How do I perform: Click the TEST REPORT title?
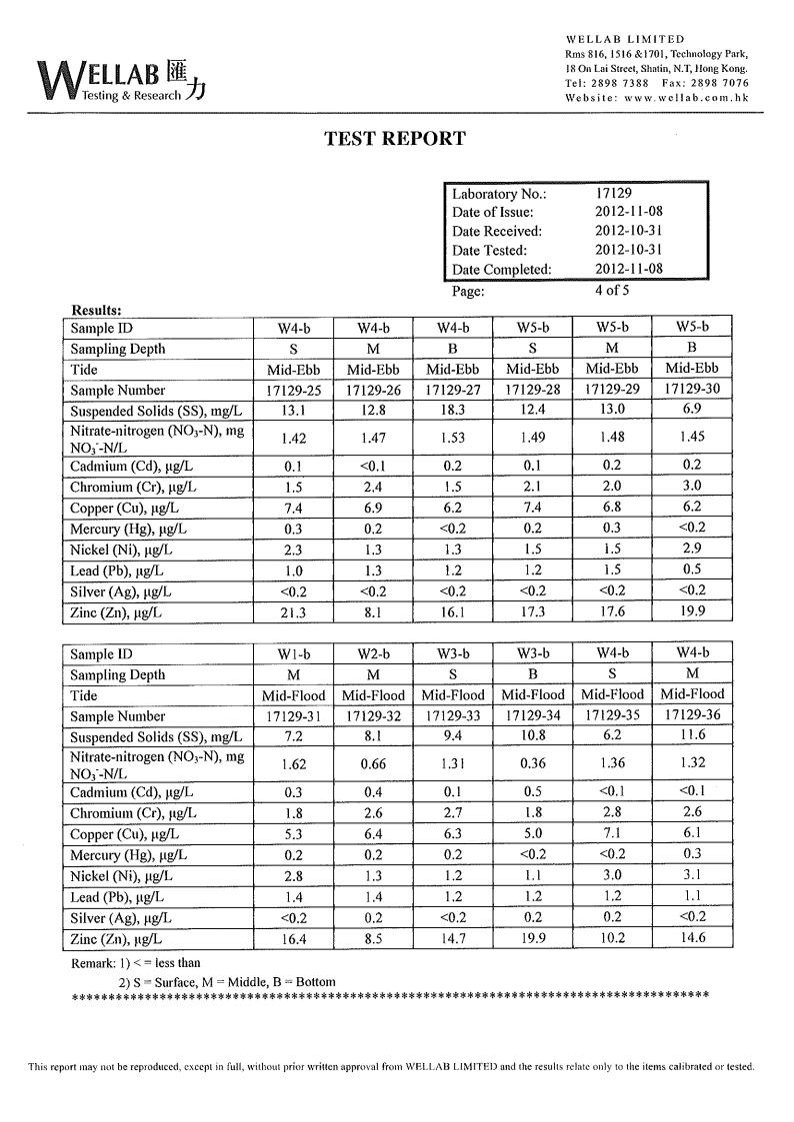(395, 139)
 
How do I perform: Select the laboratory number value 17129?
(614, 194)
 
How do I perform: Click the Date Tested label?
(489, 251)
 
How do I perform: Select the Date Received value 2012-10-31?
(629, 231)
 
